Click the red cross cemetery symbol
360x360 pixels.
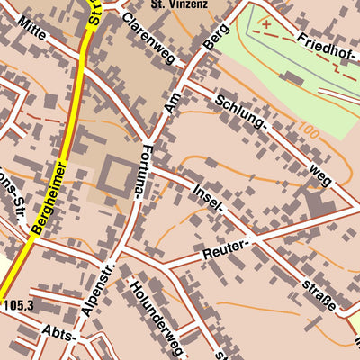pos(266,23)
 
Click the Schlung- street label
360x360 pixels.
pos(242,112)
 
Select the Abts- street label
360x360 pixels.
pos(59,335)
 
